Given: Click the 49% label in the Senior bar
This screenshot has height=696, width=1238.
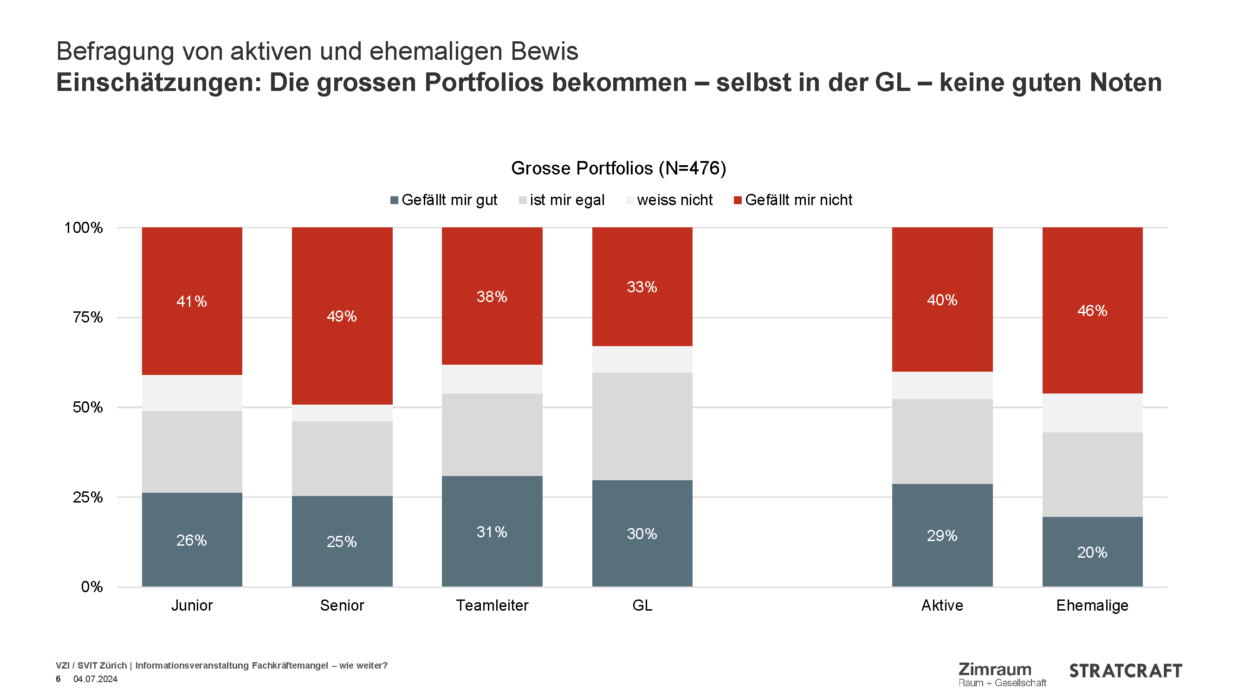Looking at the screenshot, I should [342, 316].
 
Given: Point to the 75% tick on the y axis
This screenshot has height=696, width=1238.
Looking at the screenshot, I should [87, 317].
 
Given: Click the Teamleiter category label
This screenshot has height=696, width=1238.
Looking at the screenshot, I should [492, 605].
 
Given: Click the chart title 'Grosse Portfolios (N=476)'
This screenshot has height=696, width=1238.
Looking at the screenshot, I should [618, 168].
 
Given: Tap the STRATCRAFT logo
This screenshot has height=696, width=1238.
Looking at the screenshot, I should [1125, 671].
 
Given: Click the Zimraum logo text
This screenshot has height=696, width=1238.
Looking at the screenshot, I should [995, 669].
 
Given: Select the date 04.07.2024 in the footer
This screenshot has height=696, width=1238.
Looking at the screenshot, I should [95, 679].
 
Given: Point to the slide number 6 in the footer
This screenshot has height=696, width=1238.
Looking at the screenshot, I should [58, 679].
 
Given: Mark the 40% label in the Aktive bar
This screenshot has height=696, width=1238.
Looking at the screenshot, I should [942, 300].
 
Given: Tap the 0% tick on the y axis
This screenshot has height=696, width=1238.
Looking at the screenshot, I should [92, 586].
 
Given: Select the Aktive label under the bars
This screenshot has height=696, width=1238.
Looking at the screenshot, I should [942, 605].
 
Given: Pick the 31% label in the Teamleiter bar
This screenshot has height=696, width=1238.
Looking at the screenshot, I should [492, 532].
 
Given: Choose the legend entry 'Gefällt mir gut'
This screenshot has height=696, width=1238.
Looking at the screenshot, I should [449, 200].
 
